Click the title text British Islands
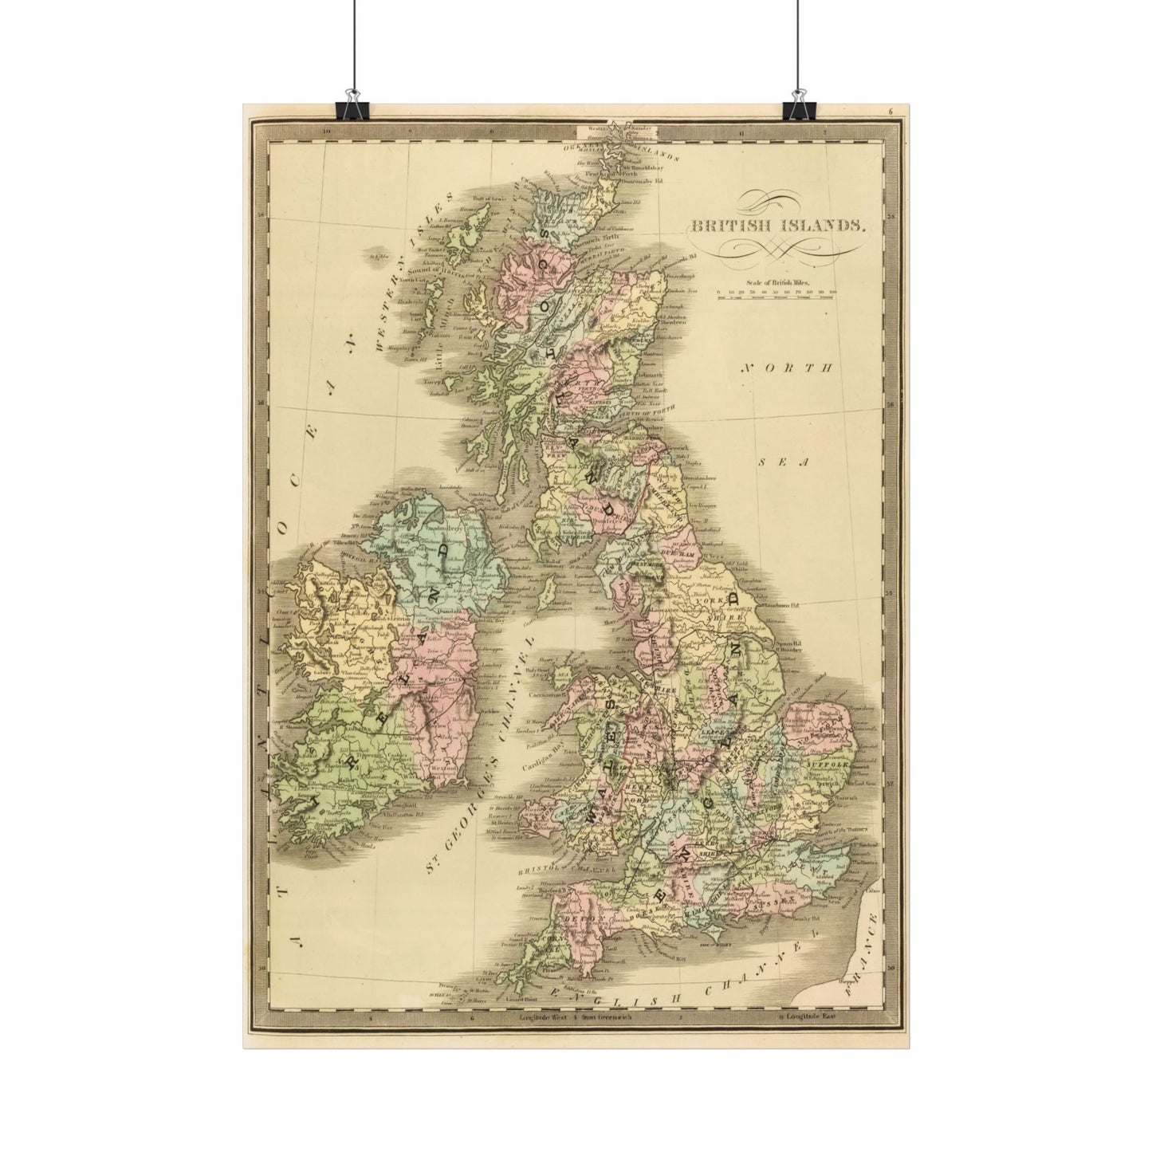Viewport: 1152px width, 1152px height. tap(778, 226)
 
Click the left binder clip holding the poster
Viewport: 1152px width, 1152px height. tap(352, 110)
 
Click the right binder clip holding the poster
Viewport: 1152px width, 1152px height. tap(796, 110)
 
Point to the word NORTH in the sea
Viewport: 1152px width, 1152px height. tap(786, 368)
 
